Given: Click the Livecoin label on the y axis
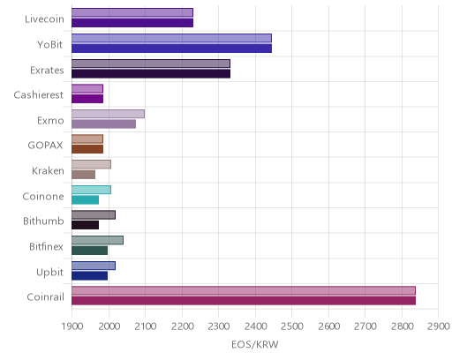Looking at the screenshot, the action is tap(44, 19).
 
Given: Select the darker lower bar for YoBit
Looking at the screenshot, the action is tap(171, 49).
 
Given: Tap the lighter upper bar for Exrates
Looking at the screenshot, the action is tap(151, 64).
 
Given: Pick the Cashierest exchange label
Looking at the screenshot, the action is tap(39, 95).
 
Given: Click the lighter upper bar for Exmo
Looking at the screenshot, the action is tap(108, 114).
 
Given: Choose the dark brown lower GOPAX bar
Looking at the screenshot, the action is tap(87, 149).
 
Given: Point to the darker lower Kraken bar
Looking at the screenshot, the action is tap(83, 175).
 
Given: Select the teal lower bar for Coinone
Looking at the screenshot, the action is tap(85, 200).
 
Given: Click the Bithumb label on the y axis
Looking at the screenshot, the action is tap(43, 221).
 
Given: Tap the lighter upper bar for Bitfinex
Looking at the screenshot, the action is tap(97, 240).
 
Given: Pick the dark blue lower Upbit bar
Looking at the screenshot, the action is tap(89, 276).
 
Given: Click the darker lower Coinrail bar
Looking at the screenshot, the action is tap(244, 301).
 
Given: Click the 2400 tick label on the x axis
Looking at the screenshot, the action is tap(255, 326).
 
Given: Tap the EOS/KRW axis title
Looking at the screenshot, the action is tap(255, 344).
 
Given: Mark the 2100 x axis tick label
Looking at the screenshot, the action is tap(146, 326).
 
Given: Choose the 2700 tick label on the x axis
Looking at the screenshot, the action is tap(365, 326).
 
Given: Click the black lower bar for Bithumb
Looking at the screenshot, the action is tap(85, 225).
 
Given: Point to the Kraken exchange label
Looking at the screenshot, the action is tap(48, 171).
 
